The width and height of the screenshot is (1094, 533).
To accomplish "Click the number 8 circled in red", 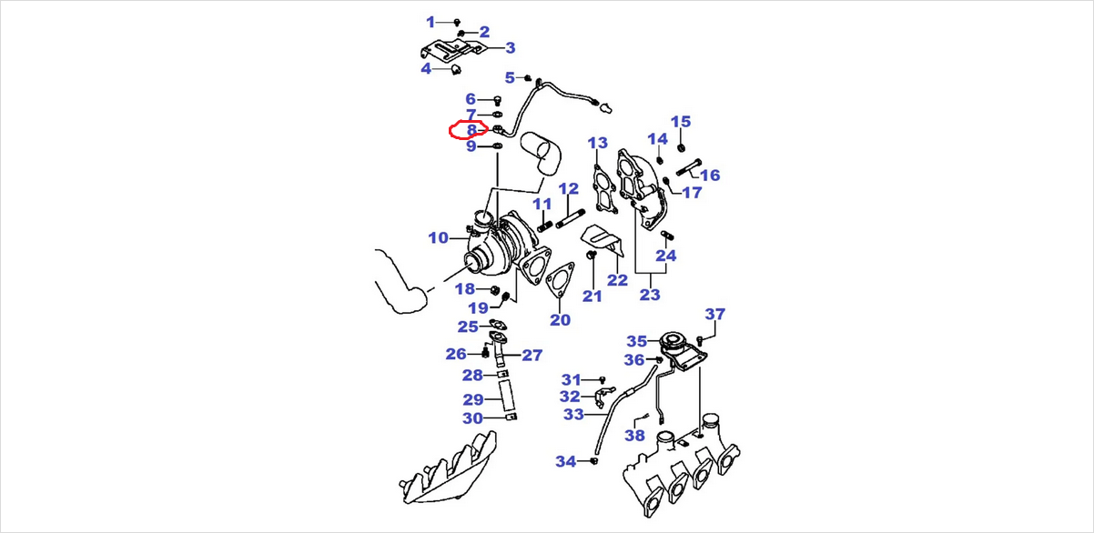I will pos(471,130).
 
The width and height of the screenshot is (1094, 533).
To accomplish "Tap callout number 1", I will pos(431,21).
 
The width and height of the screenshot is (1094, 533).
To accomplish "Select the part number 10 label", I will pos(439,238).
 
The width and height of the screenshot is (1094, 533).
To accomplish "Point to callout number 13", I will pos(597,143).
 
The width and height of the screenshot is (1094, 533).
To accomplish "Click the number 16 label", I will pos(710,176).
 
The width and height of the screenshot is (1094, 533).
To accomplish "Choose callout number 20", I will pos(560,319).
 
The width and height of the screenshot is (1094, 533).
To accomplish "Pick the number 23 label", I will pos(650,294).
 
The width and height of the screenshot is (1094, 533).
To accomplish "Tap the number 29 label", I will pos(472,399).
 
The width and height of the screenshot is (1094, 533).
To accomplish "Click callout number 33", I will pos(573,415).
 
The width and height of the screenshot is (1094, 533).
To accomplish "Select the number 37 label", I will pos(715,315).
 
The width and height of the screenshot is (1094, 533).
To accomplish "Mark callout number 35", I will pos(636,341).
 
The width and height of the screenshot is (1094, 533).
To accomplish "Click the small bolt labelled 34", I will pos(593,462).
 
